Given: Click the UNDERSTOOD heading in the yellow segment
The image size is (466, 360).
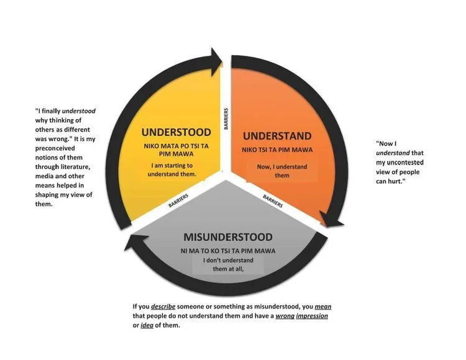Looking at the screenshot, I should click(176, 132).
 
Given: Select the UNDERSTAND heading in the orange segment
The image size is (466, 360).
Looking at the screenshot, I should click(276, 135).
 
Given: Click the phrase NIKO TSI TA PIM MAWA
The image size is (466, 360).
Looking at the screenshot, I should click(277, 150).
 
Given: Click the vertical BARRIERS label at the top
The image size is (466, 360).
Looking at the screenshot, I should click(226, 119).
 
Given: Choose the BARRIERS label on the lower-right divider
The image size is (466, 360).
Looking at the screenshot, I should click(274, 199).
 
